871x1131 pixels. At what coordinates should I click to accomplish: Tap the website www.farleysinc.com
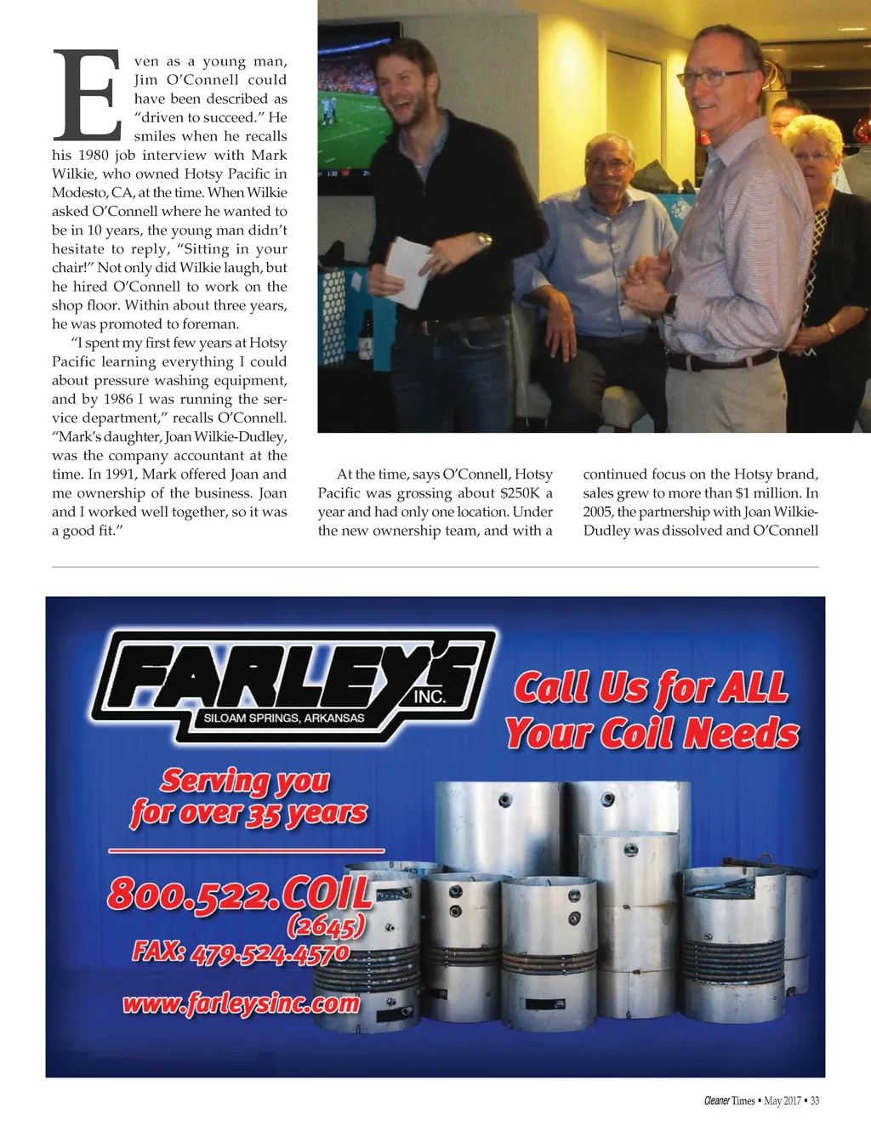242,1004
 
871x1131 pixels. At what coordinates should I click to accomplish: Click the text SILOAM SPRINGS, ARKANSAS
284,718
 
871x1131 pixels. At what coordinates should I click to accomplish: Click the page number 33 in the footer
815,1100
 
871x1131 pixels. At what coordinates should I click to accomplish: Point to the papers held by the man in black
407,270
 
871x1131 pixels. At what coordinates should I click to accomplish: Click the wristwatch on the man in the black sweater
484,241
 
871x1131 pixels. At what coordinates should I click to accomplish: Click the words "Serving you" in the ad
245,780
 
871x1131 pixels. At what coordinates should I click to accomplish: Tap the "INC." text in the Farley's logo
430,696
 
